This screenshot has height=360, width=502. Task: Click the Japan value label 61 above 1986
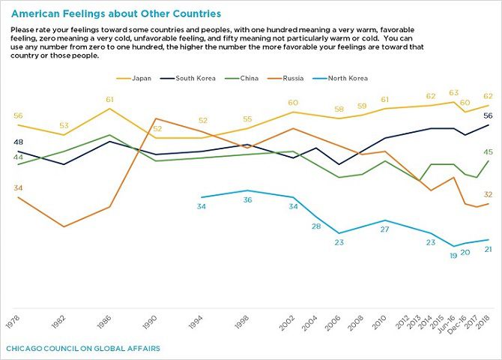(109, 99)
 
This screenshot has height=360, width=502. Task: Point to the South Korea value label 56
(488, 115)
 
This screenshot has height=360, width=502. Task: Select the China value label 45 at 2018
(488, 152)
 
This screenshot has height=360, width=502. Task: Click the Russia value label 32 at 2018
(488, 194)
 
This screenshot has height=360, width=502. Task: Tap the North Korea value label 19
(453, 256)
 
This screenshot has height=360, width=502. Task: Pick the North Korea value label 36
(248, 199)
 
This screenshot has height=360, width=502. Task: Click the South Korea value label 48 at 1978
(18, 142)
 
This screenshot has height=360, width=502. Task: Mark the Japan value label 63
(453, 93)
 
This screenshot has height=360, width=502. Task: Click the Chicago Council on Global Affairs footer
(82, 349)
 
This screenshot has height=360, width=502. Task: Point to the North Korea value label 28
(317, 226)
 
